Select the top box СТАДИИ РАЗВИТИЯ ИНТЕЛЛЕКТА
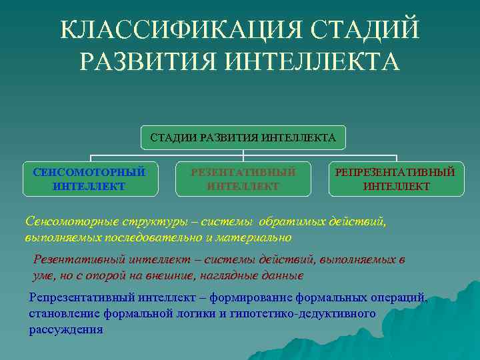(x=243, y=138)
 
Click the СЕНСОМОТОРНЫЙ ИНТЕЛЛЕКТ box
(x=89, y=179)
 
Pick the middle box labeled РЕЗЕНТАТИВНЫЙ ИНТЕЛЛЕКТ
(x=243, y=179)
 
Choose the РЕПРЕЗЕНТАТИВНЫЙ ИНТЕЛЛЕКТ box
(x=396, y=179)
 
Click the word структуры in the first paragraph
(x=143, y=221)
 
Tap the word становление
(x=62, y=313)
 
